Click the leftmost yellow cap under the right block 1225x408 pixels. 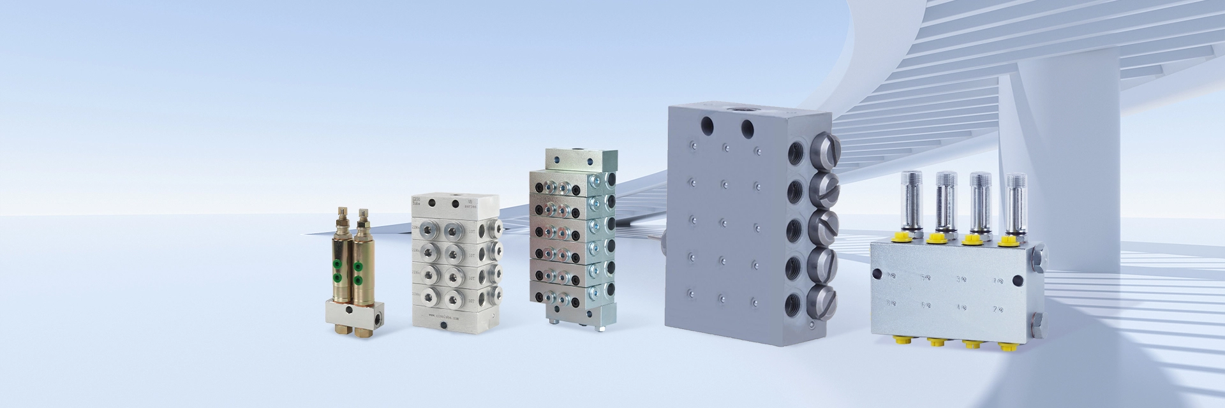[899, 342]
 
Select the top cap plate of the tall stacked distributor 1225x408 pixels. [581, 159]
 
